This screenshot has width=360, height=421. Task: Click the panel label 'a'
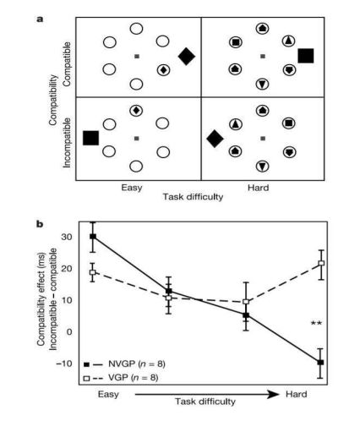(40, 19)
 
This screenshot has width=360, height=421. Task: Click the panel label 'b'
(40, 224)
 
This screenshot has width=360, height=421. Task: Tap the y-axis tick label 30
(67, 237)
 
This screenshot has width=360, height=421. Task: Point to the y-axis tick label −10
(64, 364)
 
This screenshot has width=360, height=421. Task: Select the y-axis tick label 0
(69, 331)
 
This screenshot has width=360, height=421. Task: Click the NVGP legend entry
(124, 364)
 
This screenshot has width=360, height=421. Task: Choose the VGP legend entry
(121, 378)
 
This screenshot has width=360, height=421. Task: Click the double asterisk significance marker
(316, 323)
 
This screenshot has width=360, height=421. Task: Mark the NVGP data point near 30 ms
(93, 237)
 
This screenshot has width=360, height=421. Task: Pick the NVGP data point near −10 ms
(320, 363)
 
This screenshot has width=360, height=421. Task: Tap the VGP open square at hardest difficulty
(321, 263)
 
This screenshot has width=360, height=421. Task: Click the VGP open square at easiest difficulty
(93, 272)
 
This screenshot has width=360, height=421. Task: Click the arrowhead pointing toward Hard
(273, 394)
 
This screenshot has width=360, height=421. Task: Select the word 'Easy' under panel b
(108, 394)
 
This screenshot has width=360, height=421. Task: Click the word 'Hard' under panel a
(259, 188)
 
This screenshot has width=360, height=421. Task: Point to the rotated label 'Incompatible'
(67, 143)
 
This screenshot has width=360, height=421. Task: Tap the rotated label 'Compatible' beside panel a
(67, 64)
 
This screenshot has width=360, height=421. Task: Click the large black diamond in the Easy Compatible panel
(187, 57)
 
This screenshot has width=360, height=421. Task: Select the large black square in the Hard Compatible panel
(306, 56)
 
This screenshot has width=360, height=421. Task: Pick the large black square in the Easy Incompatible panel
(91, 138)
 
